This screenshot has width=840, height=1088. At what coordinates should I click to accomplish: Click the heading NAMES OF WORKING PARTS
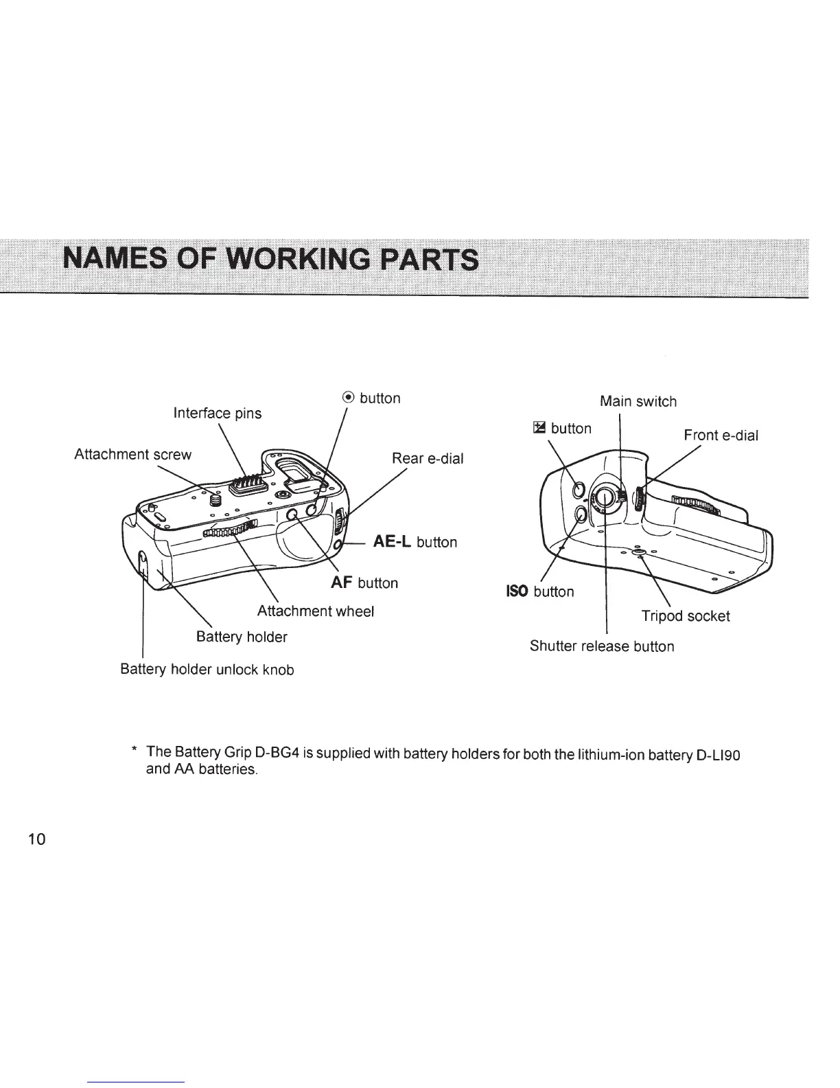(x=270, y=260)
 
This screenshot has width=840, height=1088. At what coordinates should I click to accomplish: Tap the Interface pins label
(x=217, y=413)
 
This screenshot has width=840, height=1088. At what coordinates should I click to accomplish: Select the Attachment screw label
(x=132, y=455)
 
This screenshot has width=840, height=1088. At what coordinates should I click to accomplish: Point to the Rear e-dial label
(x=427, y=458)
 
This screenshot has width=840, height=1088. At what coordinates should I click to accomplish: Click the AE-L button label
(x=414, y=542)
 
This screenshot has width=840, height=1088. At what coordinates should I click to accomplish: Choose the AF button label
(x=364, y=583)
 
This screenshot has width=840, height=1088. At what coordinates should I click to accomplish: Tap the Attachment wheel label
(x=315, y=611)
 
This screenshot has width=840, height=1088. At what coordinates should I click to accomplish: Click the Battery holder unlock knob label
(x=207, y=669)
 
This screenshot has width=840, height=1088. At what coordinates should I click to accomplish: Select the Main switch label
(x=638, y=401)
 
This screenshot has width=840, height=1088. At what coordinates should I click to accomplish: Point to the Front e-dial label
(x=721, y=435)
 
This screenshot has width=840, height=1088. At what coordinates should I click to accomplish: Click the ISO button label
(x=539, y=591)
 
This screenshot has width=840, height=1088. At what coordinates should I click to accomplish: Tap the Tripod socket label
(x=685, y=615)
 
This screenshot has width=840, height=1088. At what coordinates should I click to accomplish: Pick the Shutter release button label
(x=601, y=646)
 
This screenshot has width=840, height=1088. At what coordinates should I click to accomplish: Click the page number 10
(x=36, y=839)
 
